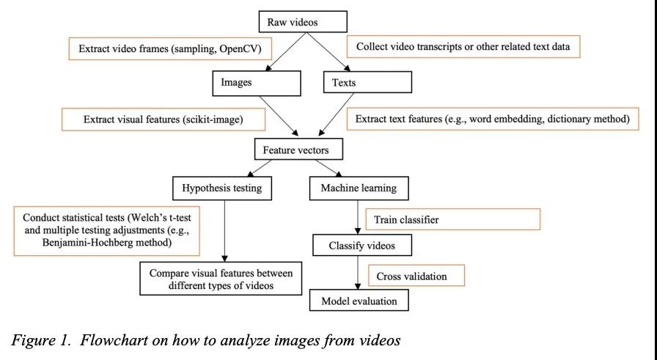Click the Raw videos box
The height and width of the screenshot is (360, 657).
tap(303, 22)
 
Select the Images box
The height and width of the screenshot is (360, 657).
tap(257, 83)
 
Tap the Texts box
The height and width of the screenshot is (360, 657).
tap(367, 82)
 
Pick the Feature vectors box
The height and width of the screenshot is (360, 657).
tap(298, 149)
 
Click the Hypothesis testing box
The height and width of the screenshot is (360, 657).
tap(222, 188)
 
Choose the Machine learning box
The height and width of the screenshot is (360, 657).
tap(359, 188)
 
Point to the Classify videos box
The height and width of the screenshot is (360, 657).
tap(362, 245)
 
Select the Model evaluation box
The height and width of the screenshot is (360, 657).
tap(359, 301)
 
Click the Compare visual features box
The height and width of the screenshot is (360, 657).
tap(221, 279)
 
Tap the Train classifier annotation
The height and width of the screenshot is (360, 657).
tap(453, 219)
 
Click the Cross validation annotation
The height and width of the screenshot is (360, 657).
tap(416, 276)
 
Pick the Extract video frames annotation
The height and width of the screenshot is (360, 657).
tap(170, 48)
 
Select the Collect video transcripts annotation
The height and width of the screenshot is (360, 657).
tap(463, 46)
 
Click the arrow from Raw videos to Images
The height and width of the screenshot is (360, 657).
tap(287, 51)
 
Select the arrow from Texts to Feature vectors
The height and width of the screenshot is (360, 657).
tap(336, 114)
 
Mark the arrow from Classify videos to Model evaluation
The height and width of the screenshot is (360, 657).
tap(358, 273)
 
